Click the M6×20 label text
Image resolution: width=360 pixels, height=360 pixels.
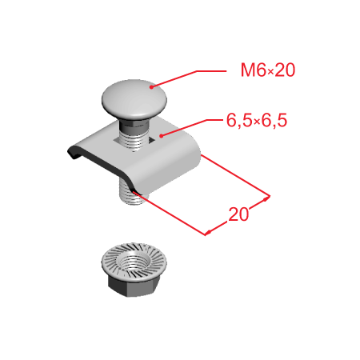click(268, 70)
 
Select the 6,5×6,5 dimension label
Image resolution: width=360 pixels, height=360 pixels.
click(257, 120)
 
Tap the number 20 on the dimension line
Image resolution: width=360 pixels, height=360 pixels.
click(238, 214)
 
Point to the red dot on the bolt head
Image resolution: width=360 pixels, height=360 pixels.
click(151, 87)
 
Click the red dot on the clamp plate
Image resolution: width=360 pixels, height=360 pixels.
click(161, 136)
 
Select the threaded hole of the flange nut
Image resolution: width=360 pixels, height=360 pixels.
click(134, 261)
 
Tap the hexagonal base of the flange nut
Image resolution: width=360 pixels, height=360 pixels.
click(132, 286)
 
